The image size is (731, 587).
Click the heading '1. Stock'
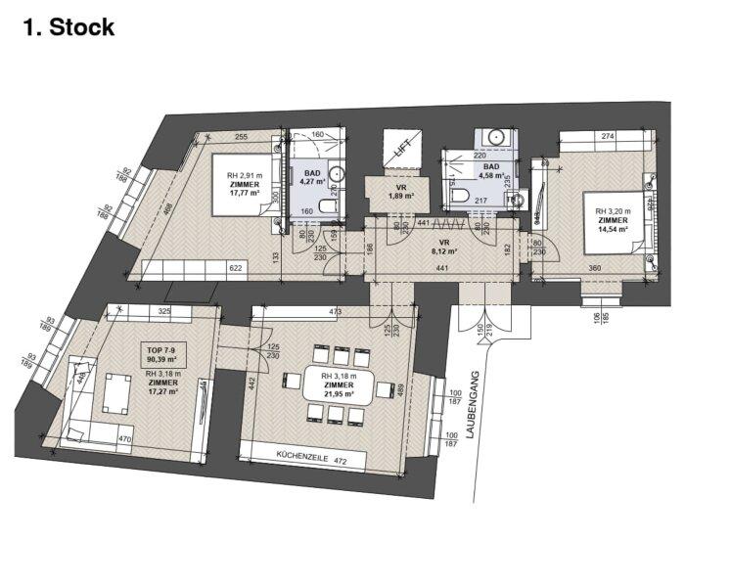coord(69,26)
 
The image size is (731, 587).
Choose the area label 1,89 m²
coord(401,197)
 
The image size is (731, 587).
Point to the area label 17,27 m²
coord(162,391)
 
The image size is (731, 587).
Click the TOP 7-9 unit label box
coord(163,355)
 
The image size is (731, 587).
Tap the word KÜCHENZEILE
coord(300,457)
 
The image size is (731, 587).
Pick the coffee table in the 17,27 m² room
coord(116,393)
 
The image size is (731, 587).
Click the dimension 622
coord(235,267)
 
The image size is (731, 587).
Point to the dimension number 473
coord(335,313)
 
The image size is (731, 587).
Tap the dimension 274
coord(607,137)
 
